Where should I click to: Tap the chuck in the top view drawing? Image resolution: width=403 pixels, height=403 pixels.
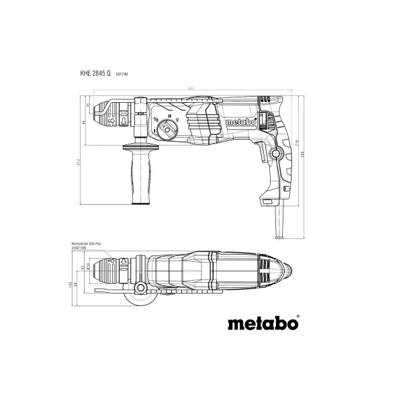[116, 267]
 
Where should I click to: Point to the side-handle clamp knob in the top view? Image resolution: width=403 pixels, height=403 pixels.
[141, 289]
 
